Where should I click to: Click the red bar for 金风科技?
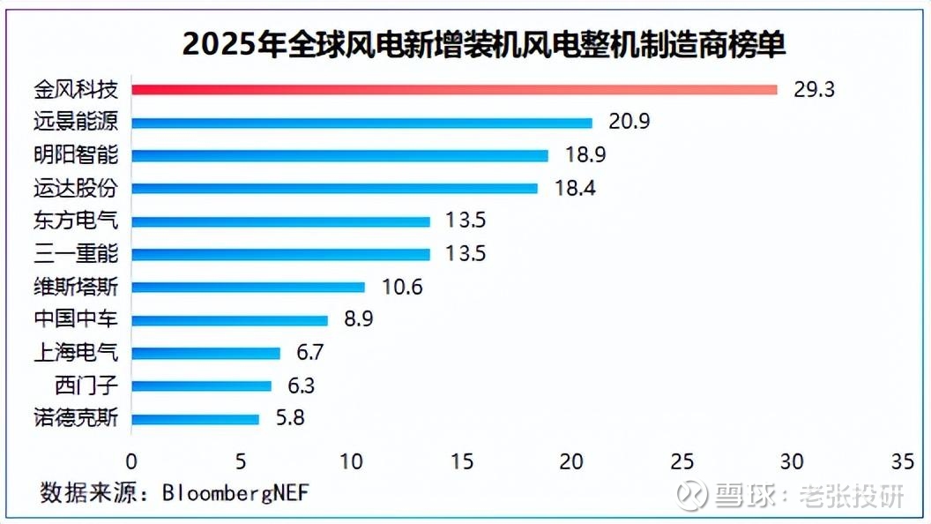(454, 89)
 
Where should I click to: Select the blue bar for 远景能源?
(361, 123)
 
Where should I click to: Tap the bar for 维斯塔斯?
(248, 287)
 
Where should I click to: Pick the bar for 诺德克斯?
(195, 419)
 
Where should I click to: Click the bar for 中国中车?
(229, 320)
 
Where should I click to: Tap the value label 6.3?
(299, 386)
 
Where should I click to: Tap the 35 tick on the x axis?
(902, 461)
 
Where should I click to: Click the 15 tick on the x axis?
(461, 461)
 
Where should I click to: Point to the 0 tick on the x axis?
(131, 461)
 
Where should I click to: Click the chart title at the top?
(483, 44)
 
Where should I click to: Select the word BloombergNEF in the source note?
(235, 492)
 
